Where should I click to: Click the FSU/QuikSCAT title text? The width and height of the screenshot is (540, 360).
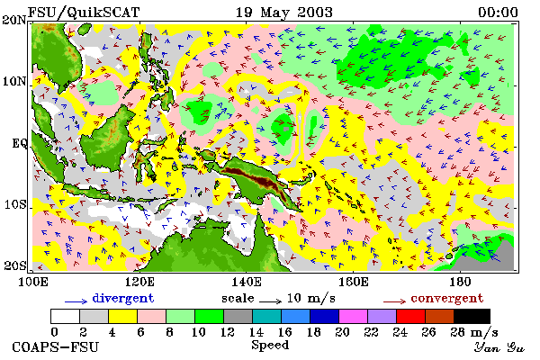[84, 13]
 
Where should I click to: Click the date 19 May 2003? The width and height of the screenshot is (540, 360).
[284, 13]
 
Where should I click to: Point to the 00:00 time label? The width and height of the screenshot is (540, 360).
[498, 13]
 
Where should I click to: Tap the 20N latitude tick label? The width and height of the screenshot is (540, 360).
[14, 21]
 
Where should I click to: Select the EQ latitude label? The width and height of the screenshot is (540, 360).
[20, 143]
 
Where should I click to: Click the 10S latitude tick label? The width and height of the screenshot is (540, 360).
[15, 205]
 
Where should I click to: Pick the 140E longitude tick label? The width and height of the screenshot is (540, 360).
[247, 283]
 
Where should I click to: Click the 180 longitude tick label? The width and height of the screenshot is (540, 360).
[461, 283]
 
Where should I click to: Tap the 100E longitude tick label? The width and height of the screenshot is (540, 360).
[32, 283]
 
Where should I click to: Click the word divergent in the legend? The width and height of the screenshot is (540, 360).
[123, 298]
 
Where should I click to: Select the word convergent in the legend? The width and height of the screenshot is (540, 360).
[447, 298]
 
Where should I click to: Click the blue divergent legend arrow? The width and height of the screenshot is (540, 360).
[76, 301]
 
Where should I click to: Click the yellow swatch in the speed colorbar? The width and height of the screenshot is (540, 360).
[122, 316]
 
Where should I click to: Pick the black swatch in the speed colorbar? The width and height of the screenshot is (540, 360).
[472, 316]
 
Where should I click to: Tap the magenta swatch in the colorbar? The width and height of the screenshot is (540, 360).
[354, 316]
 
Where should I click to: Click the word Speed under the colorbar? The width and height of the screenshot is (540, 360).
[270, 345]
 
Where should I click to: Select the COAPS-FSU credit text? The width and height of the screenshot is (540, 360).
[56, 346]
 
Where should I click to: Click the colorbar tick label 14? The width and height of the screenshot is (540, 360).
[256, 332]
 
